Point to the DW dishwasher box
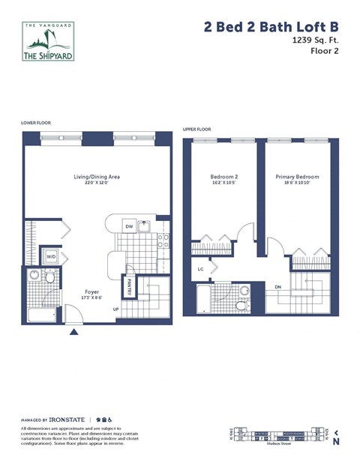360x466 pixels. coord(129,226)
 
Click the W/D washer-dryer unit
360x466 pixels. coord(51,257)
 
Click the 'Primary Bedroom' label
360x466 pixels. coord(297,178)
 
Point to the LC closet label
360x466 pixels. coord(200,268)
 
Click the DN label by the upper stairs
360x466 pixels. coord(277,286)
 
